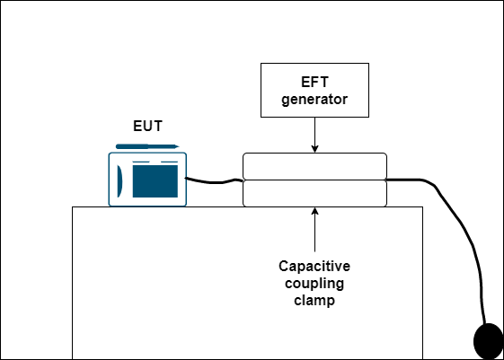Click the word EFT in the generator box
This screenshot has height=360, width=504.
point(314,83)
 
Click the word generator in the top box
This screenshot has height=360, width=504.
point(314,100)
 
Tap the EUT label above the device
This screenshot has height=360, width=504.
point(147,126)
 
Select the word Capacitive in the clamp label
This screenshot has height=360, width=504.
point(314,267)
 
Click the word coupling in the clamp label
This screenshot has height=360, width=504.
point(314,284)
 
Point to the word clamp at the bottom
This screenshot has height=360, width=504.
point(314,301)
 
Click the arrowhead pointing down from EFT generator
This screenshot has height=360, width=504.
point(314,149)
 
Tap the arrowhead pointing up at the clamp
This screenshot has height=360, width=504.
point(314,211)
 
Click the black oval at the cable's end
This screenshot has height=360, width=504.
point(488,341)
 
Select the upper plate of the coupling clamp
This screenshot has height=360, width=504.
point(314,166)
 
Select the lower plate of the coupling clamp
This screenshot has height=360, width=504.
point(314,193)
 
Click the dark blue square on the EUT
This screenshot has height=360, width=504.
point(155,181)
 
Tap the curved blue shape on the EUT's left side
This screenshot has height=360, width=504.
point(119,181)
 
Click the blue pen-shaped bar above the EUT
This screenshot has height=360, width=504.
point(147,146)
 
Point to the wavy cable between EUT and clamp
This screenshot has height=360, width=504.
point(214,181)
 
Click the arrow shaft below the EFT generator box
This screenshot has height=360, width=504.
point(314,131)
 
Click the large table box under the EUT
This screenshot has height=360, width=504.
point(247,283)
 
